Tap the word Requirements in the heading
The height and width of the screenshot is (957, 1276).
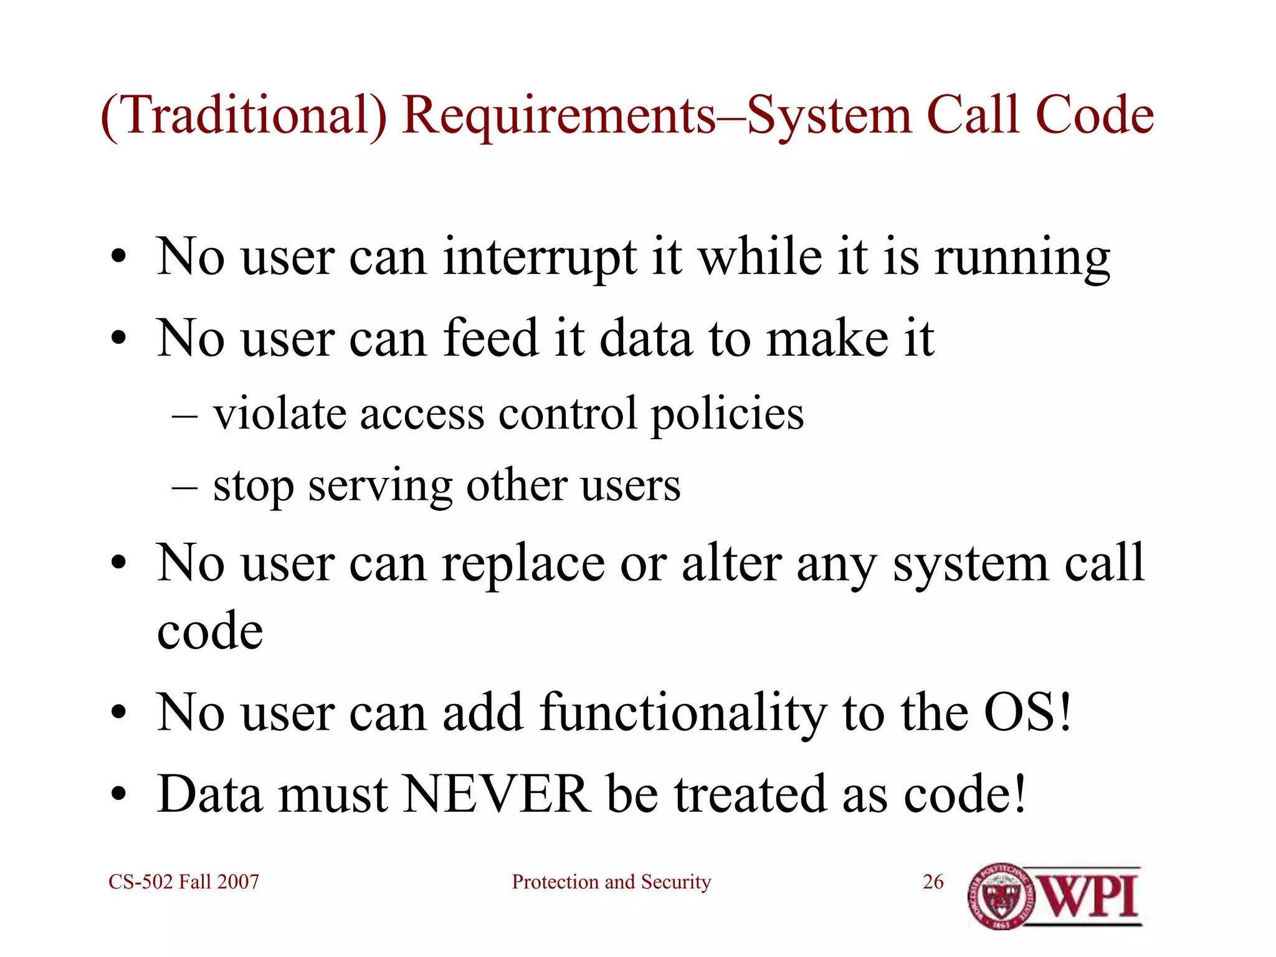pyautogui.click(x=558, y=116)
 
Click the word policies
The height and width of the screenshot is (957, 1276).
pyautogui.click(x=727, y=414)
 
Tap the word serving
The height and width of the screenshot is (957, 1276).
pyautogui.click(x=380, y=486)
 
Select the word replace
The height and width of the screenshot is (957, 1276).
pyautogui.click(x=523, y=564)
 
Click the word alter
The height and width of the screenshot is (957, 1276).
pyautogui.click(x=731, y=564)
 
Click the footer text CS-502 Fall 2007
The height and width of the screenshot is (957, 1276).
pyautogui.click(x=184, y=882)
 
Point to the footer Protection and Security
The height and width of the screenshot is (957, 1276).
pyautogui.click(x=611, y=882)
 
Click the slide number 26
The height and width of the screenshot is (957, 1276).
pyautogui.click(x=933, y=882)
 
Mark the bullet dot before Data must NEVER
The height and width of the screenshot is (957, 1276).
pyautogui.click(x=119, y=795)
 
